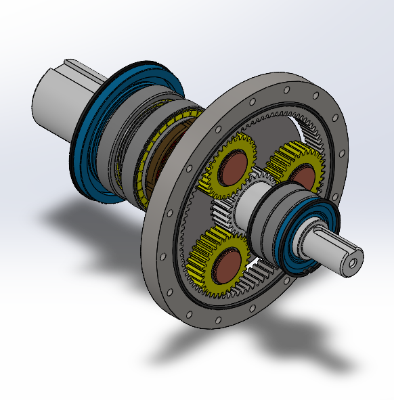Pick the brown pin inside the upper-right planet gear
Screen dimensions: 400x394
[304, 177]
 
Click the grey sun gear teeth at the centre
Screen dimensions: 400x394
[223, 213]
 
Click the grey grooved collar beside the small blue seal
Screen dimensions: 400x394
[271, 223]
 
